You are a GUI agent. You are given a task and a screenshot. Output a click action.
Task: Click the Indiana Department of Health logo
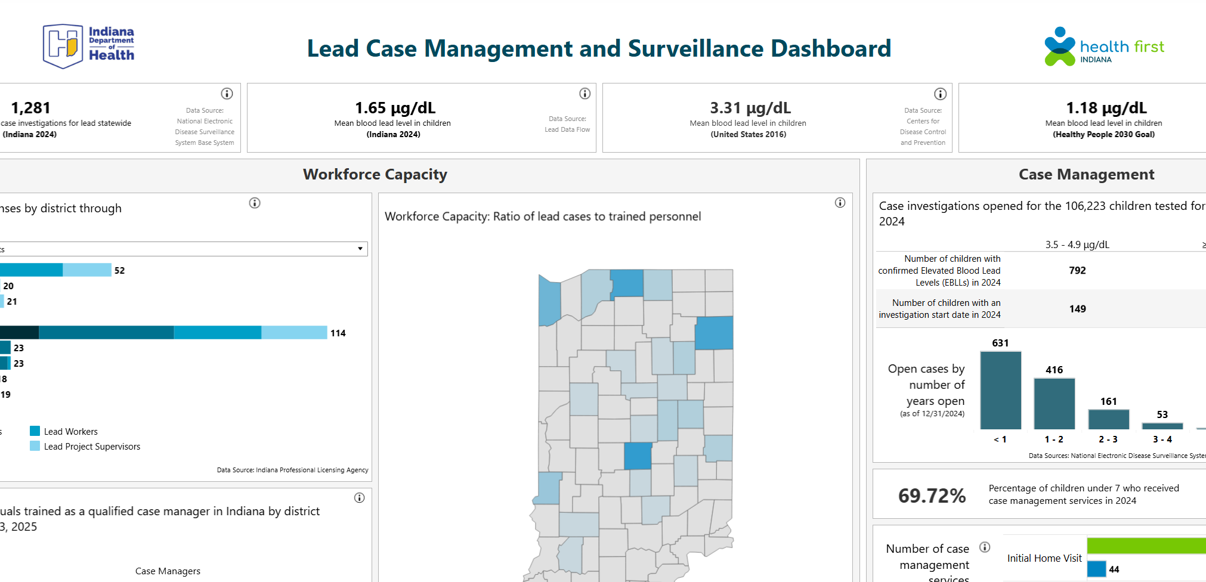[x=88, y=46]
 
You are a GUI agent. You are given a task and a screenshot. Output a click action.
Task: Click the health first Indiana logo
[x=1103, y=47]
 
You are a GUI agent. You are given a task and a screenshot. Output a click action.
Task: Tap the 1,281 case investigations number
[x=30, y=108]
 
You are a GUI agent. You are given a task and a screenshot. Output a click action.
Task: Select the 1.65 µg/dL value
[x=395, y=108]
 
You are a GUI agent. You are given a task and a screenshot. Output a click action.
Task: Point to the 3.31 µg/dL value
[x=750, y=108]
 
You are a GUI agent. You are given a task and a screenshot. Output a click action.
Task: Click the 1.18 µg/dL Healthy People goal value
[x=1106, y=108]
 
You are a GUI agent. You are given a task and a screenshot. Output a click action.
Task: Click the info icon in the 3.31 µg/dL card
[x=940, y=94]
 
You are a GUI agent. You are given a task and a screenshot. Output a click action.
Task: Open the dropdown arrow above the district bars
[x=360, y=249]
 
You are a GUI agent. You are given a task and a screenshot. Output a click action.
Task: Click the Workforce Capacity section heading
[x=375, y=174]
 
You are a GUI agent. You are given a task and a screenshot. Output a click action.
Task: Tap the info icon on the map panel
[x=840, y=203]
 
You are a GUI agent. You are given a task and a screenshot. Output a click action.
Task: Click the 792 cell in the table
[x=1077, y=271]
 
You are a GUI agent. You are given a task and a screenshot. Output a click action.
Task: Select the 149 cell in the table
[x=1077, y=309]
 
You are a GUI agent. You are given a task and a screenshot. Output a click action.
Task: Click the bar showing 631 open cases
[x=1000, y=391]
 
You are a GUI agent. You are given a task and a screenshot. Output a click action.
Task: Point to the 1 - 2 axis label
[x=1054, y=439]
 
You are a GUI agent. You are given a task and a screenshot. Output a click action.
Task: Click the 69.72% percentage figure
[x=932, y=496]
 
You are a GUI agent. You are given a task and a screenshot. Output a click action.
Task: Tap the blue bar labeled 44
[x=1096, y=569]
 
